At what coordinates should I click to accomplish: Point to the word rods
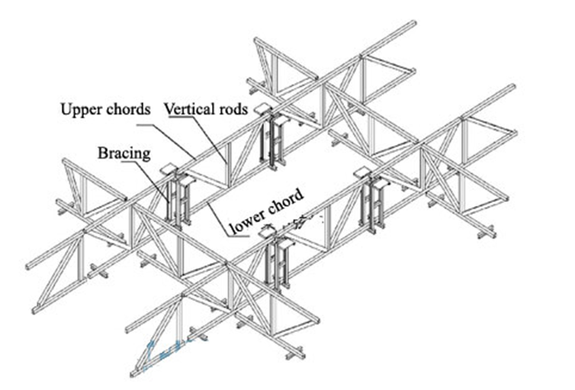click(233, 109)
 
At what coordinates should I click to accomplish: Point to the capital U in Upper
click(65, 109)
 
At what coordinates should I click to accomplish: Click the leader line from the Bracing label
click(156, 172)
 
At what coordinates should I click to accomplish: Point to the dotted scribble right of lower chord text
click(301, 220)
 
